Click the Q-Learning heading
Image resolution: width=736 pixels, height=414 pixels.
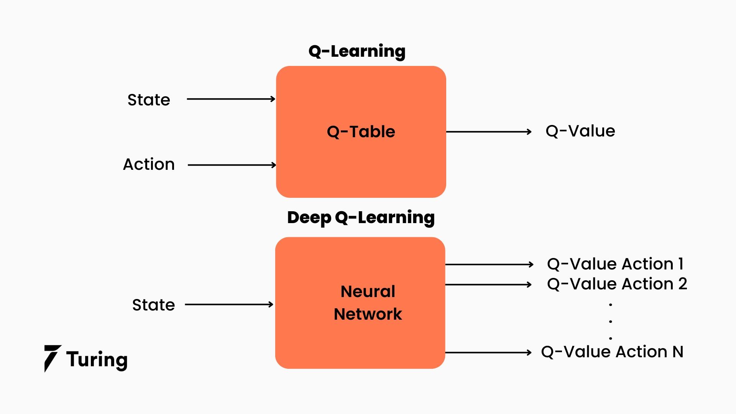tap(356, 51)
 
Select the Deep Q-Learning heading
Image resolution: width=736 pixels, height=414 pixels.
tap(361, 218)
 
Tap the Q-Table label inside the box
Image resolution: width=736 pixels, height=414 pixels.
tap(361, 132)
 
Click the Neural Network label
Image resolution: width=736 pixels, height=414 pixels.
tap(368, 303)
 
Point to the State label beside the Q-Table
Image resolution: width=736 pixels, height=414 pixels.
tap(149, 100)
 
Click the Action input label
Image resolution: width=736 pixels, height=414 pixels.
tap(149, 164)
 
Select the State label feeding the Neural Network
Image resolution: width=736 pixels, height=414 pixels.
tap(153, 305)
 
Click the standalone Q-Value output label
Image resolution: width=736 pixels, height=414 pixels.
tap(580, 131)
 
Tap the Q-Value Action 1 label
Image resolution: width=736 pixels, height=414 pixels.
tap(615, 264)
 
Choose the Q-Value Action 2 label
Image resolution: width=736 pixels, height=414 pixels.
tap(617, 284)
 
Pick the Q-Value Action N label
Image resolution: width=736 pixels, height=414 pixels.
tap(612, 352)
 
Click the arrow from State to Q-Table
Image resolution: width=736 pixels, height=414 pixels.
tap(231, 99)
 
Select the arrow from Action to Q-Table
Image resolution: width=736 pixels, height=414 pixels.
tap(232, 165)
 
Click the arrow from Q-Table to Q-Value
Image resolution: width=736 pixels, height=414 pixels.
tap(489, 132)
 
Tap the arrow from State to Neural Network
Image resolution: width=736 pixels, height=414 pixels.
tap(229, 305)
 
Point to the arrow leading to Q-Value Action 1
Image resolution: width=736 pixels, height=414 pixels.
tap(489, 264)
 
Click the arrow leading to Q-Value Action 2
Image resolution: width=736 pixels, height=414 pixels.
tap(488, 285)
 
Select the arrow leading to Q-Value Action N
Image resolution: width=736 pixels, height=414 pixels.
tap(488, 352)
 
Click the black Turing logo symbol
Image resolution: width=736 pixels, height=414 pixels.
tap(52, 358)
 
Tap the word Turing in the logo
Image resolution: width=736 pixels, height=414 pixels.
tap(97, 360)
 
